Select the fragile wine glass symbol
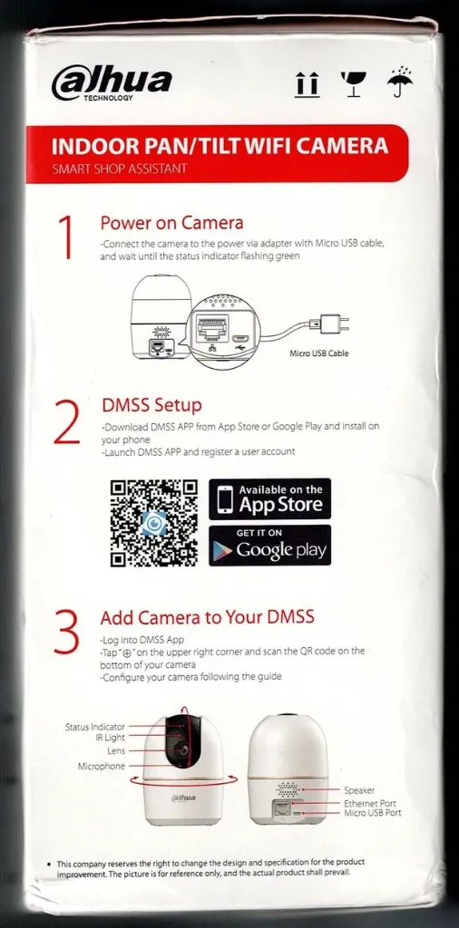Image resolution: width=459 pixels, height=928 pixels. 350,84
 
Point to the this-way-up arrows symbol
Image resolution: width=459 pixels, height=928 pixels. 307,85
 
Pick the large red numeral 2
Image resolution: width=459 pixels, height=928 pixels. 67,421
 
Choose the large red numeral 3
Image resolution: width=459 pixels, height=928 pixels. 66,633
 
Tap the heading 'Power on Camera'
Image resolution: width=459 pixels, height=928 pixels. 171,223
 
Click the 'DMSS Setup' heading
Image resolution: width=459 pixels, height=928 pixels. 151,405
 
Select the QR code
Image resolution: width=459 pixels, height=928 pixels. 153,522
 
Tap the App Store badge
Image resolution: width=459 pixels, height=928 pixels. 269,499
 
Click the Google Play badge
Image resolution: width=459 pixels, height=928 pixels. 269,546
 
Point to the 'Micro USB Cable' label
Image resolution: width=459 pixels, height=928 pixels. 318,353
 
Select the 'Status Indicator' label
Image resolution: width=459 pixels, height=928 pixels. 95,727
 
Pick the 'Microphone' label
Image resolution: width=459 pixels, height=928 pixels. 102,767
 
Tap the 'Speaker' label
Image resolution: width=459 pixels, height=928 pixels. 359,790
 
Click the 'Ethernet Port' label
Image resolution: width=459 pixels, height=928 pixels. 369,803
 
